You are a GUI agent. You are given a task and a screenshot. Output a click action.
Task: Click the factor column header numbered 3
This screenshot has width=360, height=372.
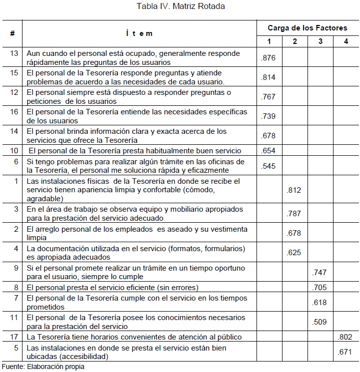[320, 41]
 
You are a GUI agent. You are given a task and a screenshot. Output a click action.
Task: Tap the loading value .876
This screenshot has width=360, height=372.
[268, 58]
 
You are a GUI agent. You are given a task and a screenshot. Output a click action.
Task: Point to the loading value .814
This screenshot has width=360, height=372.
[268, 77]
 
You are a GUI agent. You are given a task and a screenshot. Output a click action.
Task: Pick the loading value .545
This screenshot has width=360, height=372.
[268, 166]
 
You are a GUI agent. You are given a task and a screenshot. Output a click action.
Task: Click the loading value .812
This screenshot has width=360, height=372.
[294, 190]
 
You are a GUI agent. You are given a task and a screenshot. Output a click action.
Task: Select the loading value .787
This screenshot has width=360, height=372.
[294, 214]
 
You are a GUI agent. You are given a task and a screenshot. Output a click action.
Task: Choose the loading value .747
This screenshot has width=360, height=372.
[319, 273]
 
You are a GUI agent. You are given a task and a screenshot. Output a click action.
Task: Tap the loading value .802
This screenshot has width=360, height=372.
[345, 338]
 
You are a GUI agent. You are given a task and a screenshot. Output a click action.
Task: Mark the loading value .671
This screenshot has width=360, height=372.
[345, 352]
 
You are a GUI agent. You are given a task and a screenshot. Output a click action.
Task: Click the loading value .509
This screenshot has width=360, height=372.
[319, 322]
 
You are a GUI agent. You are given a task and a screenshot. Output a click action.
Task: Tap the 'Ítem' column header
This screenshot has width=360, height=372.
[139, 33]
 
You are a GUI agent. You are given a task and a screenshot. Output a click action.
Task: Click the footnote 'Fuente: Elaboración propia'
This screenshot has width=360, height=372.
[42, 367]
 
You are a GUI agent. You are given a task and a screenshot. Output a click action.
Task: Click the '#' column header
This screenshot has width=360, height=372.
[12, 33]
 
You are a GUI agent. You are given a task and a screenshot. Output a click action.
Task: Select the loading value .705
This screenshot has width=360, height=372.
[319, 288]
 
